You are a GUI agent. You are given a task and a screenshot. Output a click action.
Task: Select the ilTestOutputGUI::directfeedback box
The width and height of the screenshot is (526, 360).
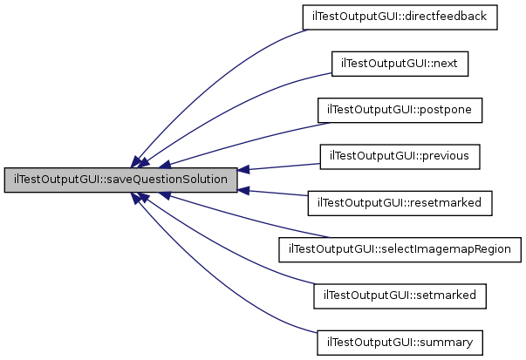coord(400,17)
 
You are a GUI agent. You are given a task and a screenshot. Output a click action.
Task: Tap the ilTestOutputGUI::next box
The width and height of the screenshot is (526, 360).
coord(400,64)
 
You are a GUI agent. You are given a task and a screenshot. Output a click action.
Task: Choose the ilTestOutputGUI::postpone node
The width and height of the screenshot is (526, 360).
coord(400,110)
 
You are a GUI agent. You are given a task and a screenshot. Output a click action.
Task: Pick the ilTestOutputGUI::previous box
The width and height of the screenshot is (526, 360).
coord(400,156)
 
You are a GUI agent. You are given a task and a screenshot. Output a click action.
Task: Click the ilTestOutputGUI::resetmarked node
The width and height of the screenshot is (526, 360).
coord(400,203)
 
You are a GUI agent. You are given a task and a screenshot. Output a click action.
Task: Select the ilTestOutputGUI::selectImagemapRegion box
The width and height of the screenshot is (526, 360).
coord(400,249)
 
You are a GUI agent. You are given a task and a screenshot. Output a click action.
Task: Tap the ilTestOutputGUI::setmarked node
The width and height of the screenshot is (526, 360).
coord(400,295)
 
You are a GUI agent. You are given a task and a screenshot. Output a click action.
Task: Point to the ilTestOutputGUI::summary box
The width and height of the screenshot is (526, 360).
coord(400,342)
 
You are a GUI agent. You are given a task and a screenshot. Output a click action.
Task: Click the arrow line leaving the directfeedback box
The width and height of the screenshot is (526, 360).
coord(218,70)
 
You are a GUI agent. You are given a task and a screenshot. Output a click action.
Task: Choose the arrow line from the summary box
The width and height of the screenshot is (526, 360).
coord(218,279)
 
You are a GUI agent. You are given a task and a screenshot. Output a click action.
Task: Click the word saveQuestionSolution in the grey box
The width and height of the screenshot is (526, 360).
coord(162,180)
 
